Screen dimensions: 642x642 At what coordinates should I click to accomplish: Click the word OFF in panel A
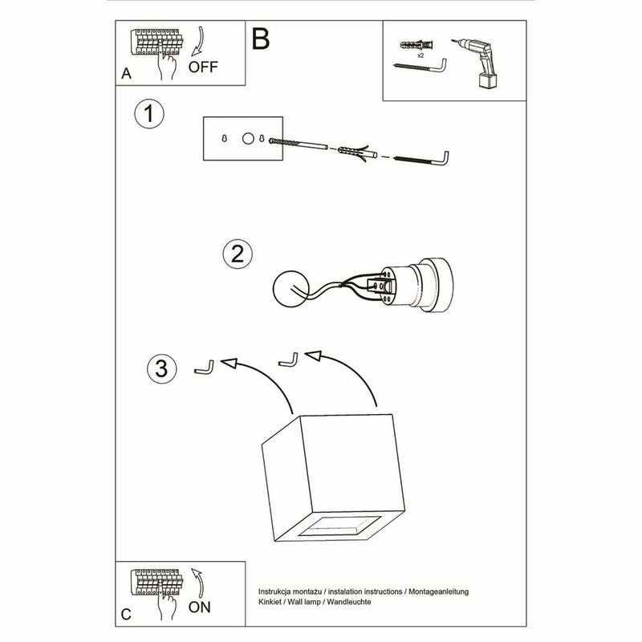202,67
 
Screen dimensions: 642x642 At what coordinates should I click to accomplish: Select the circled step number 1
148,114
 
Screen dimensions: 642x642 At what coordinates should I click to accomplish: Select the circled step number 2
236,254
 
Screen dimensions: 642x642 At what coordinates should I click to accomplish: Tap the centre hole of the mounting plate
248,139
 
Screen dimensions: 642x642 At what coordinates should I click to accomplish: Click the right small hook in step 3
288,360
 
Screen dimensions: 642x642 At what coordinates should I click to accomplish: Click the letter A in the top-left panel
125,74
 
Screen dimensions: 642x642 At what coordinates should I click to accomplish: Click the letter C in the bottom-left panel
125,615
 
